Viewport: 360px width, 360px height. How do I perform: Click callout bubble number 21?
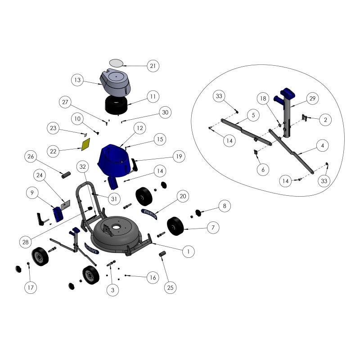click(x=153, y=66)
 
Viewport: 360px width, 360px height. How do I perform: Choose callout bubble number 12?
click(x=140, y=129)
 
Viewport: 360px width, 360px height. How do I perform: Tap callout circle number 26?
click(x=31, y=157)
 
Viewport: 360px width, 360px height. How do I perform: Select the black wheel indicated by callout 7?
click(x=176, y=226)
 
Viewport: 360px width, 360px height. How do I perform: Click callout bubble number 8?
click(x=225, y=207)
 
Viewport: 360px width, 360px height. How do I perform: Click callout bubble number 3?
click(x=112, y=291)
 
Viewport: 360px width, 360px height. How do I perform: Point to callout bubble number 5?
click(x=253, y=115)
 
